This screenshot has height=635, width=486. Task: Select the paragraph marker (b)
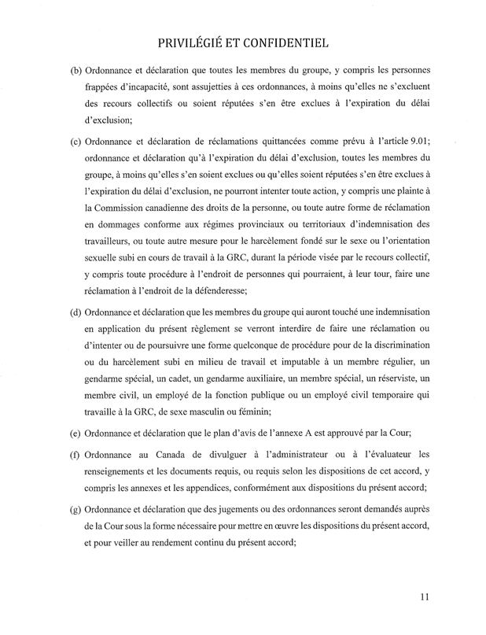click(x=77, y=72)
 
